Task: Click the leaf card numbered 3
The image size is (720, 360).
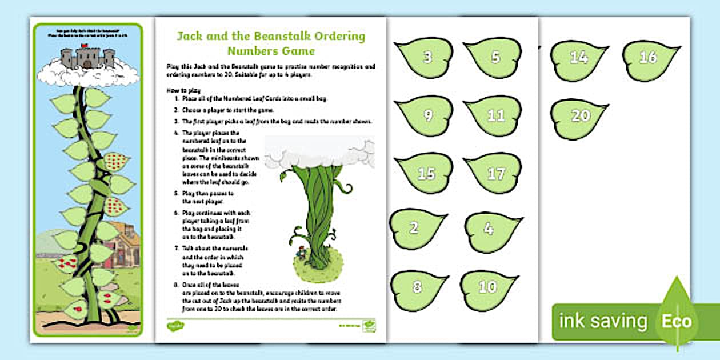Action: coord(426,57)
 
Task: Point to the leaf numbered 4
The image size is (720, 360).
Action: coord(490,229)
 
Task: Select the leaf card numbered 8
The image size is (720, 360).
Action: coord(418,287)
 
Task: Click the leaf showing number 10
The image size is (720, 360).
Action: coord(489,287)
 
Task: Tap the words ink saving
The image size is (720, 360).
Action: coord(603,321)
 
